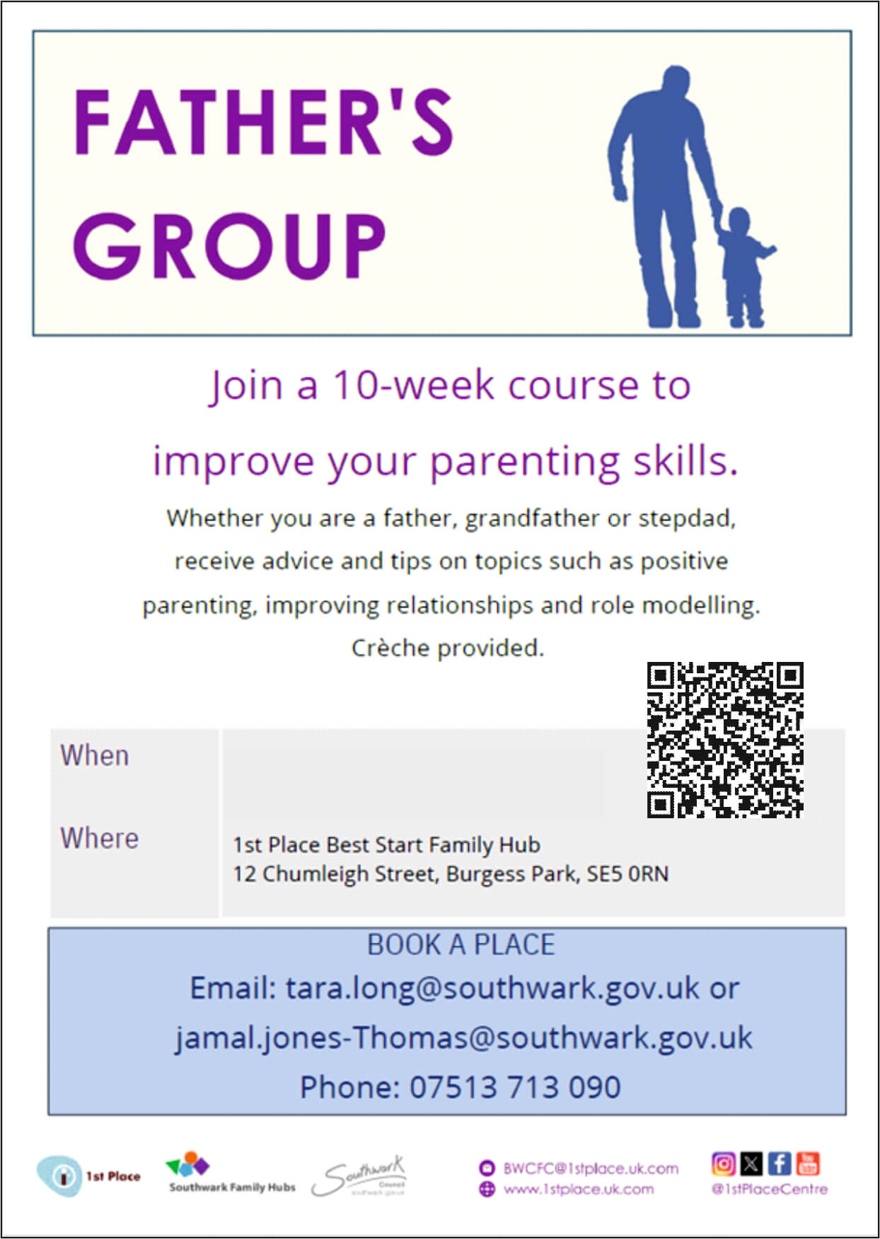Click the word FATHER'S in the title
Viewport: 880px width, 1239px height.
tap(263, 122)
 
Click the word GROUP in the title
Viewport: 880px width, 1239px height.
tap(229, 245)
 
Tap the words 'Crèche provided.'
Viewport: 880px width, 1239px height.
tap(447, 648)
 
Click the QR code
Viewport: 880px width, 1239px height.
tap(725, 740)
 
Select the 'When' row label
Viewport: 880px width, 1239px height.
tap(95, 755)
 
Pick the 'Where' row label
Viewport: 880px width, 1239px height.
tap(99, 838)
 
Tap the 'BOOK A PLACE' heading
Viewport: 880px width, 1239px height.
tap(461, 945)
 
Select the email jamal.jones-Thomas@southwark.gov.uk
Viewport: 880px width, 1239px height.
tap(463, 1037)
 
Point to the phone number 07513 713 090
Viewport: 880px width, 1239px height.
tap(514, 1087)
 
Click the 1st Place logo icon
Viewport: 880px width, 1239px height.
tap(60, 1176)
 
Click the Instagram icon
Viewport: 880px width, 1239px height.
tap(723, 1163)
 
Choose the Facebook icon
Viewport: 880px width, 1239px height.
tap(780, 1163)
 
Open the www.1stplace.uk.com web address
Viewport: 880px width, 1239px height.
tap(578, 1189)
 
